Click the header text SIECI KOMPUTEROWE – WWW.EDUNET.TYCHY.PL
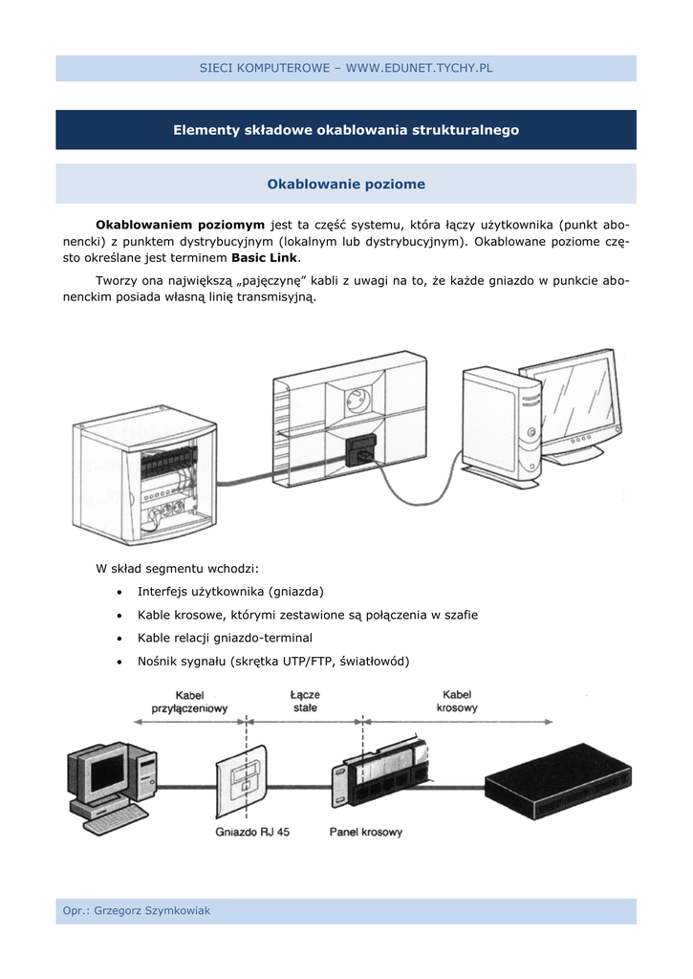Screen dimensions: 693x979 coord(346,68)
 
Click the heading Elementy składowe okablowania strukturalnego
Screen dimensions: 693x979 coord(346,130)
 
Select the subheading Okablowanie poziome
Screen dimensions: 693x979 coord(346,184)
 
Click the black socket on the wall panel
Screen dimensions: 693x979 coord(361,451)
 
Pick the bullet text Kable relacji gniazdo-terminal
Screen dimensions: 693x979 coord(225,638)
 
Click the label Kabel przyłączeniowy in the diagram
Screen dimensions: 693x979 coord(189,702)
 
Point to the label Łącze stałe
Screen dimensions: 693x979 coord(306,702)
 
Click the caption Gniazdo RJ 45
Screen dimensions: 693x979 coord(252,832)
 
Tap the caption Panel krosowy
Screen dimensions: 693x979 coord(366,832)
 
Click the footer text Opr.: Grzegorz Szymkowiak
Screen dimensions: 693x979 coord(137,911)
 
